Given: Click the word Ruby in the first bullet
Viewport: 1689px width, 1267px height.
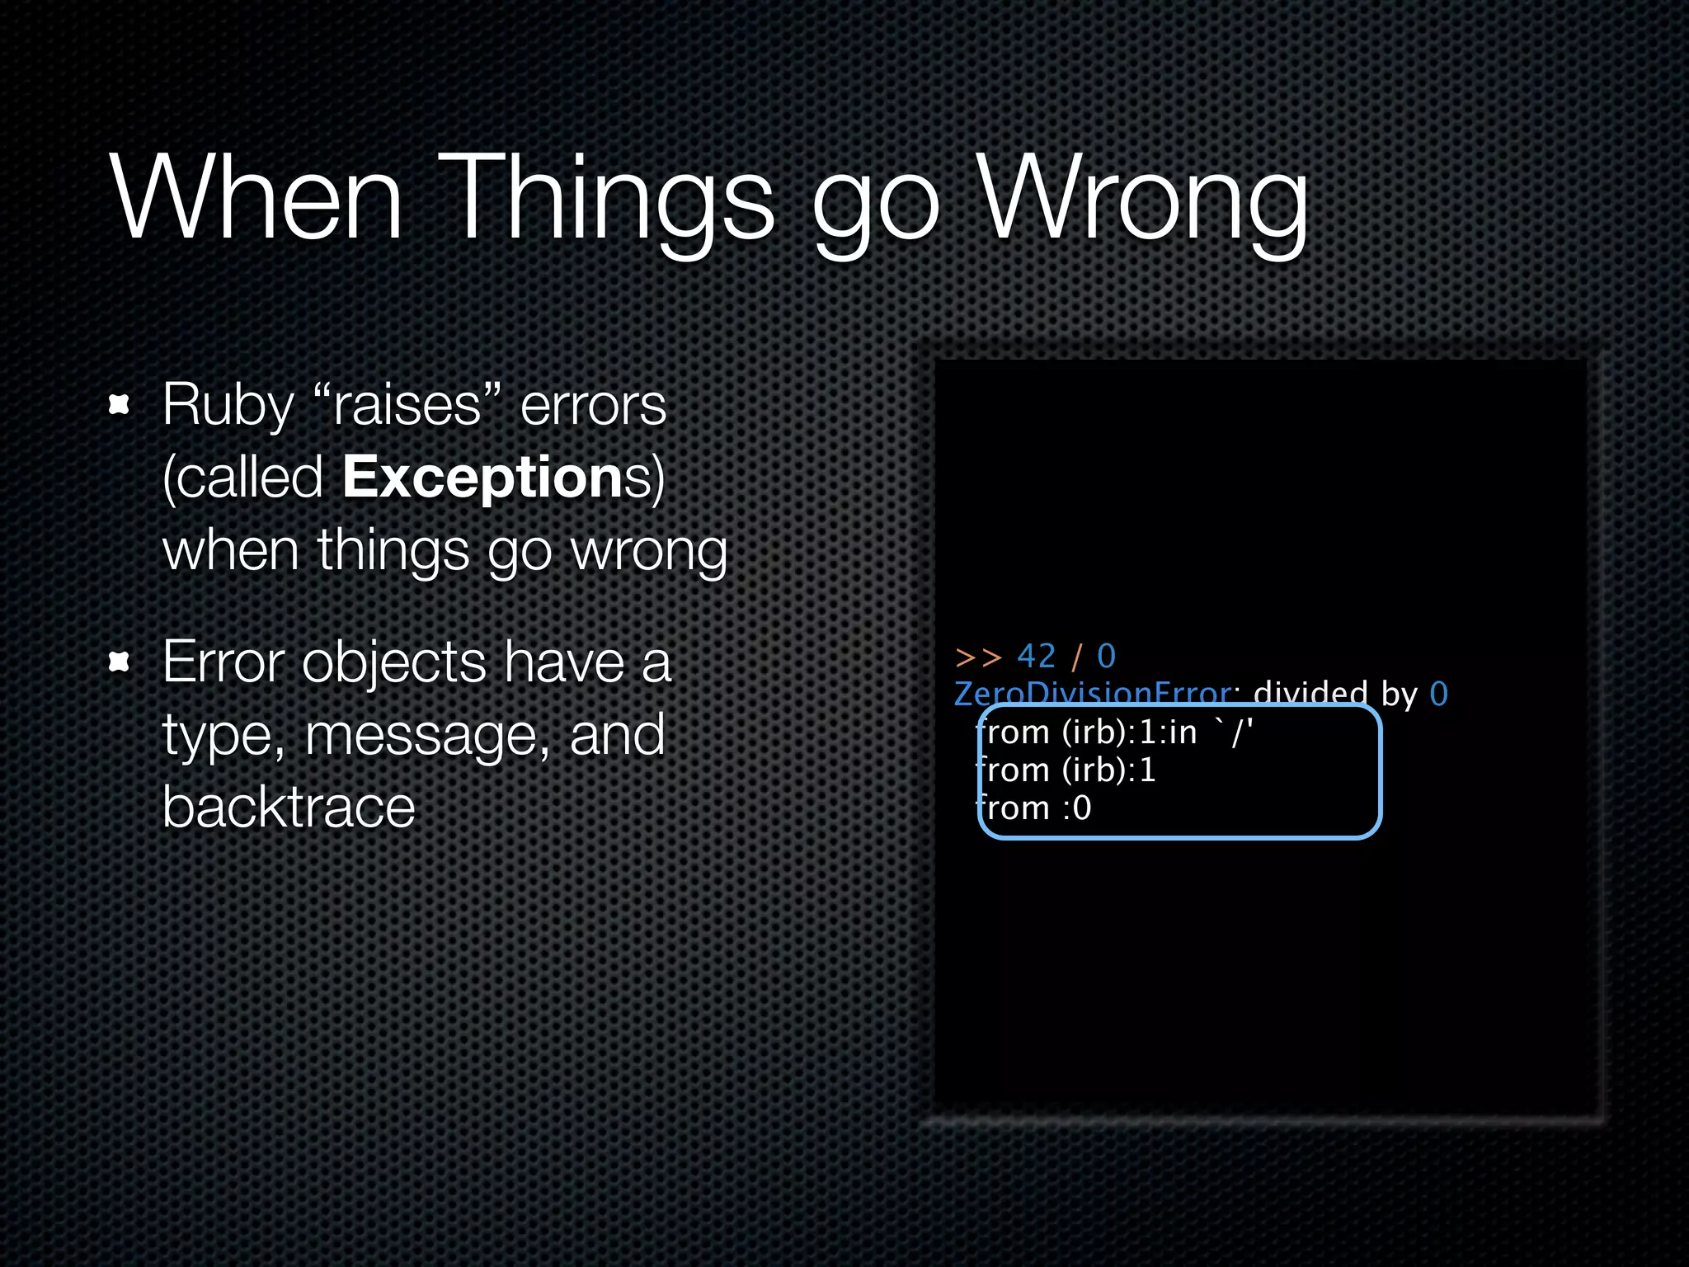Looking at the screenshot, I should pos(228,406).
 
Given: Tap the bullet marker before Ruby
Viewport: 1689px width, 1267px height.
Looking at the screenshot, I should pos(120,404).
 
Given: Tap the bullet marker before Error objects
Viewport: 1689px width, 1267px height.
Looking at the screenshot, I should pos(120,662).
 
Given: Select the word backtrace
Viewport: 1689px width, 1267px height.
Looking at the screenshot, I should pos(289,807).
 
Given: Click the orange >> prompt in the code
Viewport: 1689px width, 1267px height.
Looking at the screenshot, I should pos(977,657).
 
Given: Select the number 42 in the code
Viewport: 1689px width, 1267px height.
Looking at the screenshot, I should pos(1036,657).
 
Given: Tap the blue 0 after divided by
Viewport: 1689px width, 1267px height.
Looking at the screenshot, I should pos(1438,695).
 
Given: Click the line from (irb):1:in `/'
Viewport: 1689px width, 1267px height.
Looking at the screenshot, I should pos(1113,732).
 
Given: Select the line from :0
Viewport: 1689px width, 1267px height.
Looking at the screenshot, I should pos(1034,808).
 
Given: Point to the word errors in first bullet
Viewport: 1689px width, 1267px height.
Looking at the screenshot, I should pos(593,406).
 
